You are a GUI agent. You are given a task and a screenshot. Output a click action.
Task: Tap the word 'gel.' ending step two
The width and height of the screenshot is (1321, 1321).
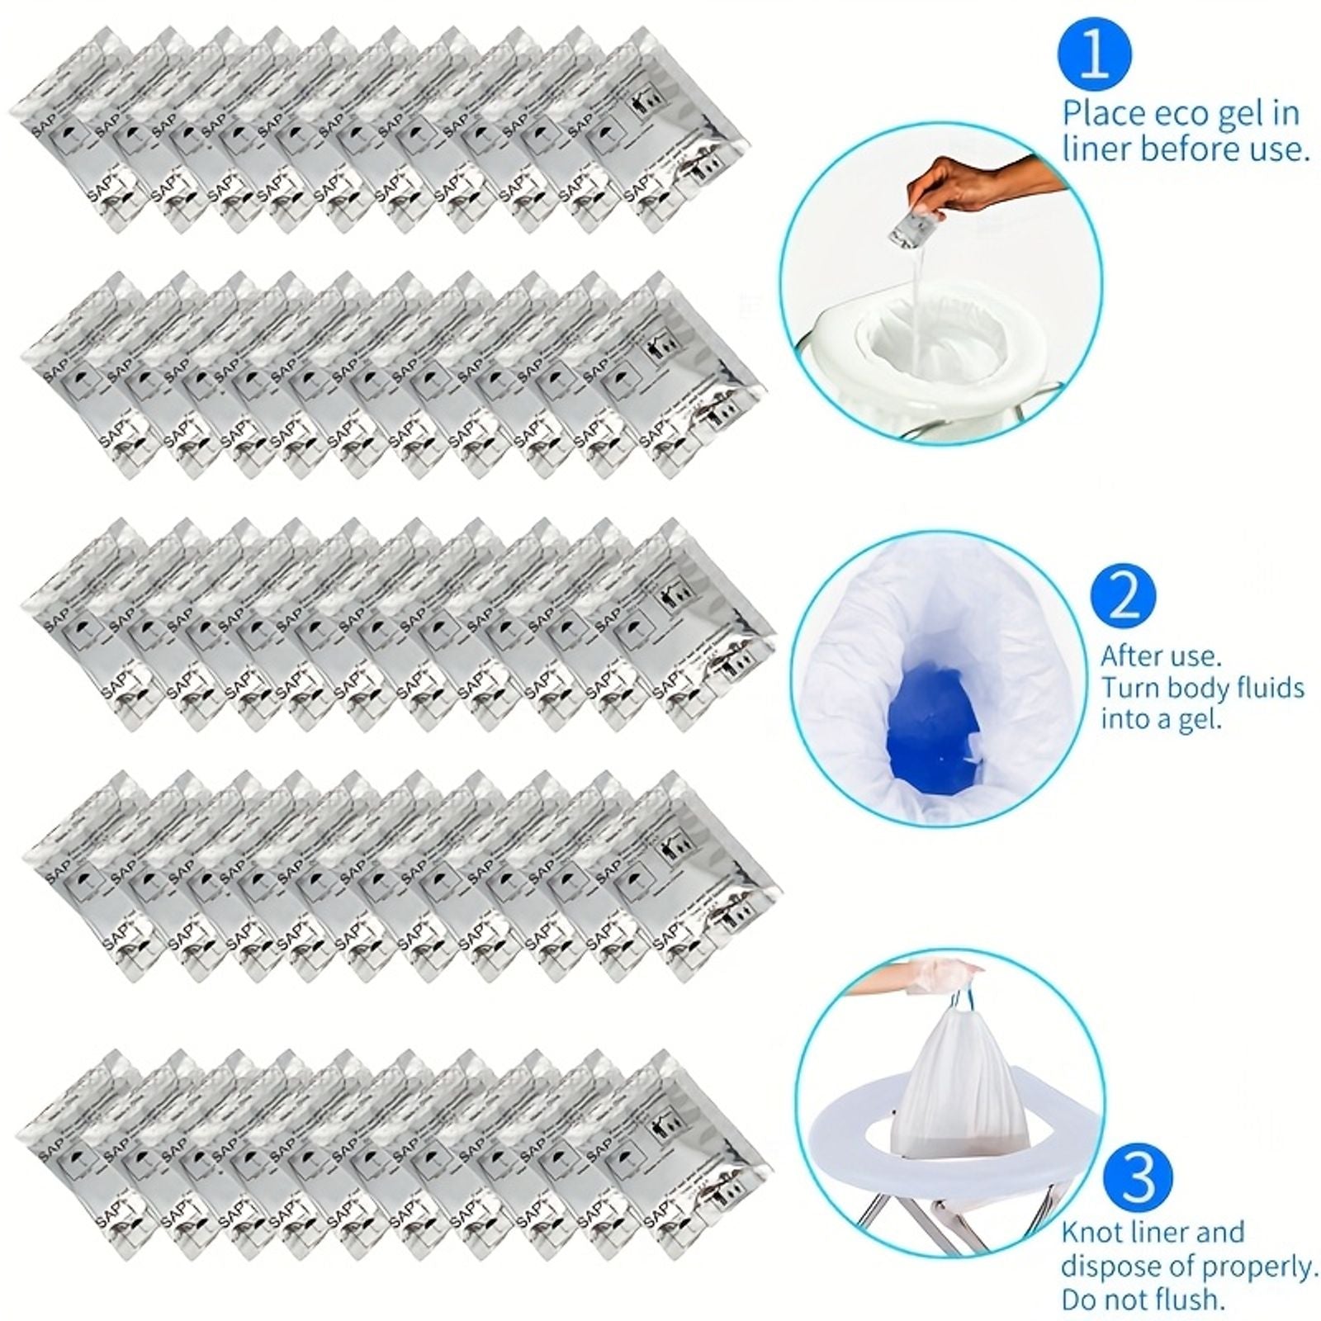pyautogui.click(x=1197, y=720)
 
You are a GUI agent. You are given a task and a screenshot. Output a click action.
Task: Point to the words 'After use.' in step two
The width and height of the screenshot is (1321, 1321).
pyautogui.click(x=1160, y=656)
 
